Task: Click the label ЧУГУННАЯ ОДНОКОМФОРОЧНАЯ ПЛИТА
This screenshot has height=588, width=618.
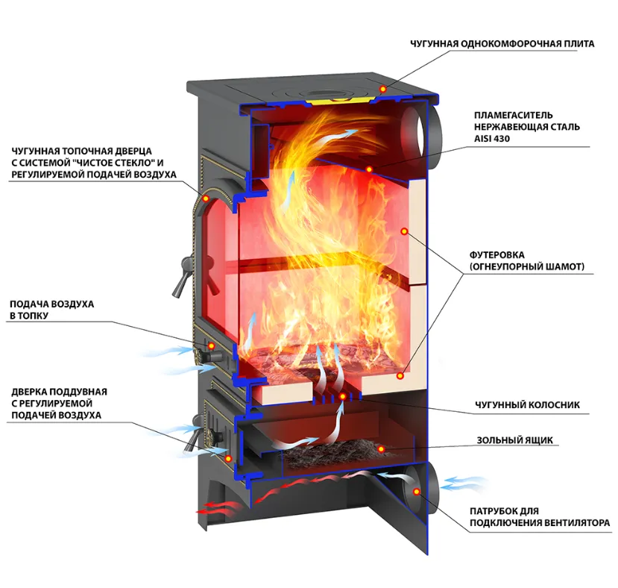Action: (502, 44)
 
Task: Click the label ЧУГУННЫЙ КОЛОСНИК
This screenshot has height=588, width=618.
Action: (527, 406)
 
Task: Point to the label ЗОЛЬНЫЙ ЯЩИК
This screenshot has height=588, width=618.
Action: (514, 440)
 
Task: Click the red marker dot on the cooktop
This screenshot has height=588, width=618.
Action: (383, 90)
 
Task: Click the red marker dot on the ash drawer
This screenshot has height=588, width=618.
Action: (380, 448)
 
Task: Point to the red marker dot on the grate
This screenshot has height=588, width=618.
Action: (342, 396)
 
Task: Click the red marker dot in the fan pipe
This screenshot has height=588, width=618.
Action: (416, 490)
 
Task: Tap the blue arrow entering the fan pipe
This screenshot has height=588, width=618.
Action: (463, 483)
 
